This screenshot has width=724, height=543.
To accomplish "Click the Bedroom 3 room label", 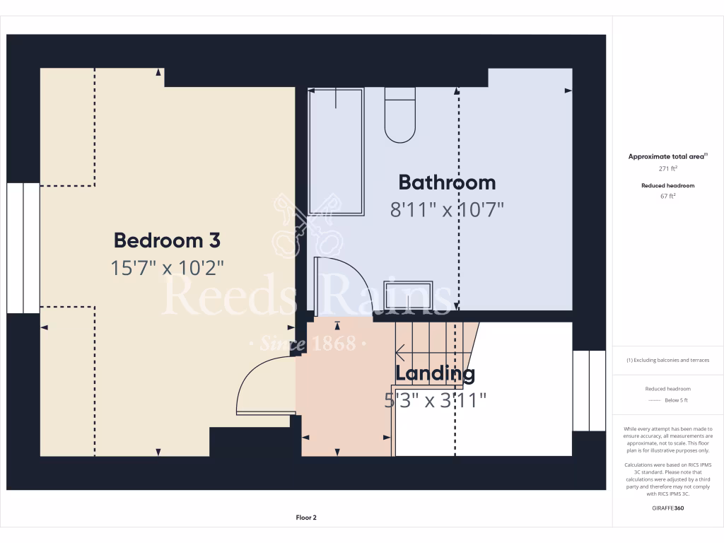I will pyautogui.click(x=167, y=240).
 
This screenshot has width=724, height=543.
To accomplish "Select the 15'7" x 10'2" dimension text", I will pyautogui.click(x=167, y=268).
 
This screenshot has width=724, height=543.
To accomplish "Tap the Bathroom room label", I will pyautogui.click(x=447, y=182).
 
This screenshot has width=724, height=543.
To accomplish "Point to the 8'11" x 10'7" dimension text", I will pyautogui.click(x=447, y=210).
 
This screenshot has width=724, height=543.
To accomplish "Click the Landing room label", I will pyautogui.click(x=435, y=373).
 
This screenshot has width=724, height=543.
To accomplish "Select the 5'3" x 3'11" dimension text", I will pyautogui.click(x=435, y=401).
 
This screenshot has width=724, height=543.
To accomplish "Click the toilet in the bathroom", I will pyautogui.click(x=400, y=116).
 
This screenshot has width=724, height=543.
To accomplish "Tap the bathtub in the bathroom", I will pyautogui.click(x=337, y=151).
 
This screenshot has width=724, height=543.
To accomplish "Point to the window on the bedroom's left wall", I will pyautogui.click(x=23, y=247).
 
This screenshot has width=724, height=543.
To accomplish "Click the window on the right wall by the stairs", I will pyautogui.click(x=588, y=390).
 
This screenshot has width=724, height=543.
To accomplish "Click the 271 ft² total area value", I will pyautogui.click(x=667, y=169).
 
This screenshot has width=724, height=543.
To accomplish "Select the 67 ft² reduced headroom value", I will pyautogui.click(x=667, y=197).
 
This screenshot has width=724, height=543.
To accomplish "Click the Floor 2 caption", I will pyautogui.click(x=306, y=518).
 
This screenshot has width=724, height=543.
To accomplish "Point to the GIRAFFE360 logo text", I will pyautogui.click(x=667, y=508).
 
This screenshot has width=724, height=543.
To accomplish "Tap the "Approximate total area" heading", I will pyautogui.click(x=667, y=157).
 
